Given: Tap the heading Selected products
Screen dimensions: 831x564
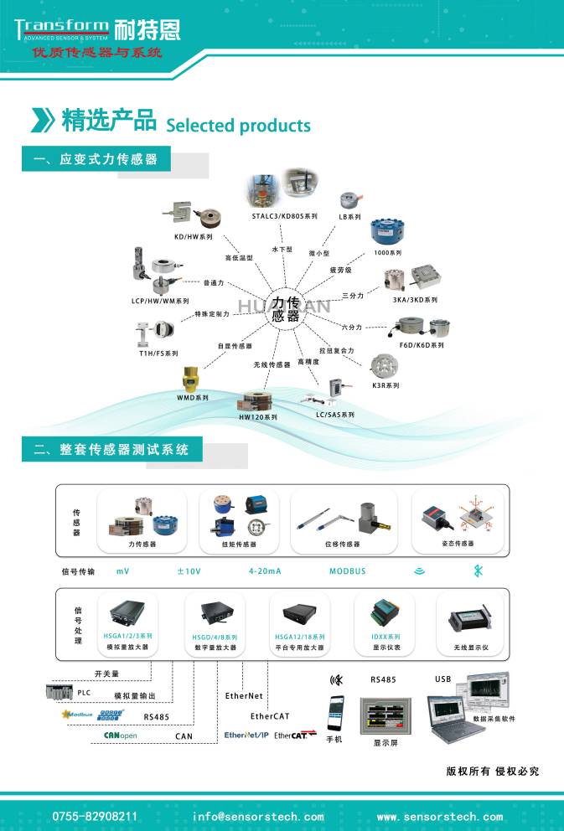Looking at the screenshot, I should [x=238, y=126].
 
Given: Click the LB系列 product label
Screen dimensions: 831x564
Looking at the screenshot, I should [x=349, y=216].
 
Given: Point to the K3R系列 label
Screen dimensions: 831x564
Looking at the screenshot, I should [x=385, y=385].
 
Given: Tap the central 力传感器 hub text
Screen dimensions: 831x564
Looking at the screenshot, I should [x=286, y=309].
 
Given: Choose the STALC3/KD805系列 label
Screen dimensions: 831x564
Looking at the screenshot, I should [x=284, y=216].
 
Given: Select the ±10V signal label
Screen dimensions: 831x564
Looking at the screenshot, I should [x=189, y=571].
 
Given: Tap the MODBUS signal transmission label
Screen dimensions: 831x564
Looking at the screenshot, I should [x=347, y=571].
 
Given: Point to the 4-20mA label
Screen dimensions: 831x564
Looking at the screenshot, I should [x=265, y=571].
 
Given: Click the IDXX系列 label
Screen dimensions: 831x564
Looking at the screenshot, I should [x=385, y=637].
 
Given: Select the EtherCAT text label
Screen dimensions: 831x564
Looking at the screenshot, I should [x=270, y=716].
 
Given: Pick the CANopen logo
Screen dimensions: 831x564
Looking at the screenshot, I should [x=120, y=736].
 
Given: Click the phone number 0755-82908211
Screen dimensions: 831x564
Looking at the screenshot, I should [x=96, y=816].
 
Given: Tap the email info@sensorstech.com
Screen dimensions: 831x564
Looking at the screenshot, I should [x=258, y=816].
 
